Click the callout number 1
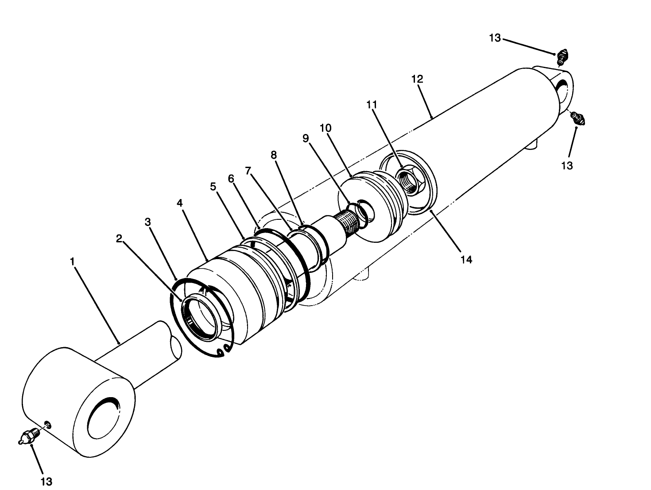coord(72,261)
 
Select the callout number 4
coord(179,203)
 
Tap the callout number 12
coord(417,80)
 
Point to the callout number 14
coord(466,260)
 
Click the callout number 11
coord(372,105)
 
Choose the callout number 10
coord(325,128)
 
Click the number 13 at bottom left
coord(46,481)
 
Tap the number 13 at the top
coord(495,38)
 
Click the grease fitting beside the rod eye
coord(29,436)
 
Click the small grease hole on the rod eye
coord(48,425)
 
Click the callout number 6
coord(231,178)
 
